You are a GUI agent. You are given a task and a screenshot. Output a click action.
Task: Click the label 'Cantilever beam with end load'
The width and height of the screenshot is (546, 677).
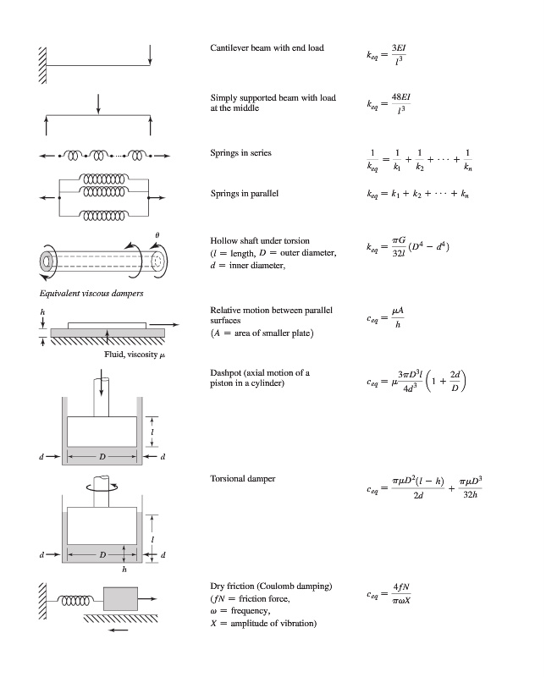tap(267, 47)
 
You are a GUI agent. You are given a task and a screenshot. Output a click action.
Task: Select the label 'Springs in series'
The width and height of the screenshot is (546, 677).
tap(240, 153)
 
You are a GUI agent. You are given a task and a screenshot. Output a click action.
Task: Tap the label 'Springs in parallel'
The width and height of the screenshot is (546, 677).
tap(245, 194)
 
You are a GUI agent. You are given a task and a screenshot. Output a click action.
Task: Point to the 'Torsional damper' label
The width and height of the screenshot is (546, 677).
tap(242, 479)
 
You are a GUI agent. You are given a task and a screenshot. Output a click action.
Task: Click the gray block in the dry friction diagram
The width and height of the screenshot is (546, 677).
tap(119, 599)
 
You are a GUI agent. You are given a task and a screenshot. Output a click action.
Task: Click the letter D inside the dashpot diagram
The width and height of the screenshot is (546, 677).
tap(102, 457)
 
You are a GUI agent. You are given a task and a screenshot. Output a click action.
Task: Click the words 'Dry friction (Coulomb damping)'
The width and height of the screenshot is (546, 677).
tap(271, 586)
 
